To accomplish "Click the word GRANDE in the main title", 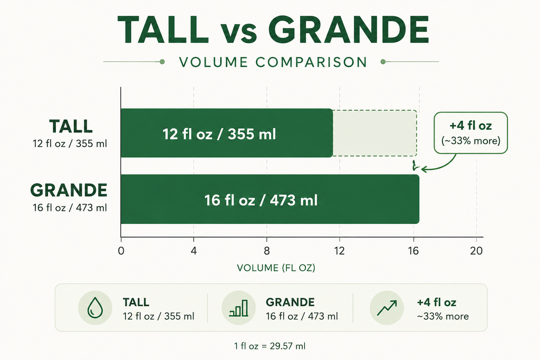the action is click(349, 30).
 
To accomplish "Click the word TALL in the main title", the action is click(163, 30).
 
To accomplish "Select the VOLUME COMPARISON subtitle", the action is click(273, 62).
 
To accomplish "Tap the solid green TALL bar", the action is click(227, 133).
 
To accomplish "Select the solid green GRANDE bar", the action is click(270, 199).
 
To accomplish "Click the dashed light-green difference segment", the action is click(375, 133).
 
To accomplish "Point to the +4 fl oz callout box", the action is click(470, 132).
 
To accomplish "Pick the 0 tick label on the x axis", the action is click(121, 251).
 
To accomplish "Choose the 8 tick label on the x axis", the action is click(266, 251).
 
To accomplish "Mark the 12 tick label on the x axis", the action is click(339, 251).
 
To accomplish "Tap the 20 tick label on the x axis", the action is click(476, 251).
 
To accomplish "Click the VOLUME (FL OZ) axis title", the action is click(276, 268).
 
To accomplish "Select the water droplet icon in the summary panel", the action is click(95, 308).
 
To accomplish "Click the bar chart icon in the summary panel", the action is click(239, 308).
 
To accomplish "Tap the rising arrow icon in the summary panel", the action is click(387, 308).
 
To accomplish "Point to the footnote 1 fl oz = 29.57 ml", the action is click(269, 346).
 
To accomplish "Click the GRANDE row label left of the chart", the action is click(69, 190).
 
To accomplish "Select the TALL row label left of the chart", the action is click(71, 127).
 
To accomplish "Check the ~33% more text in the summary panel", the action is click(442, 316).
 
